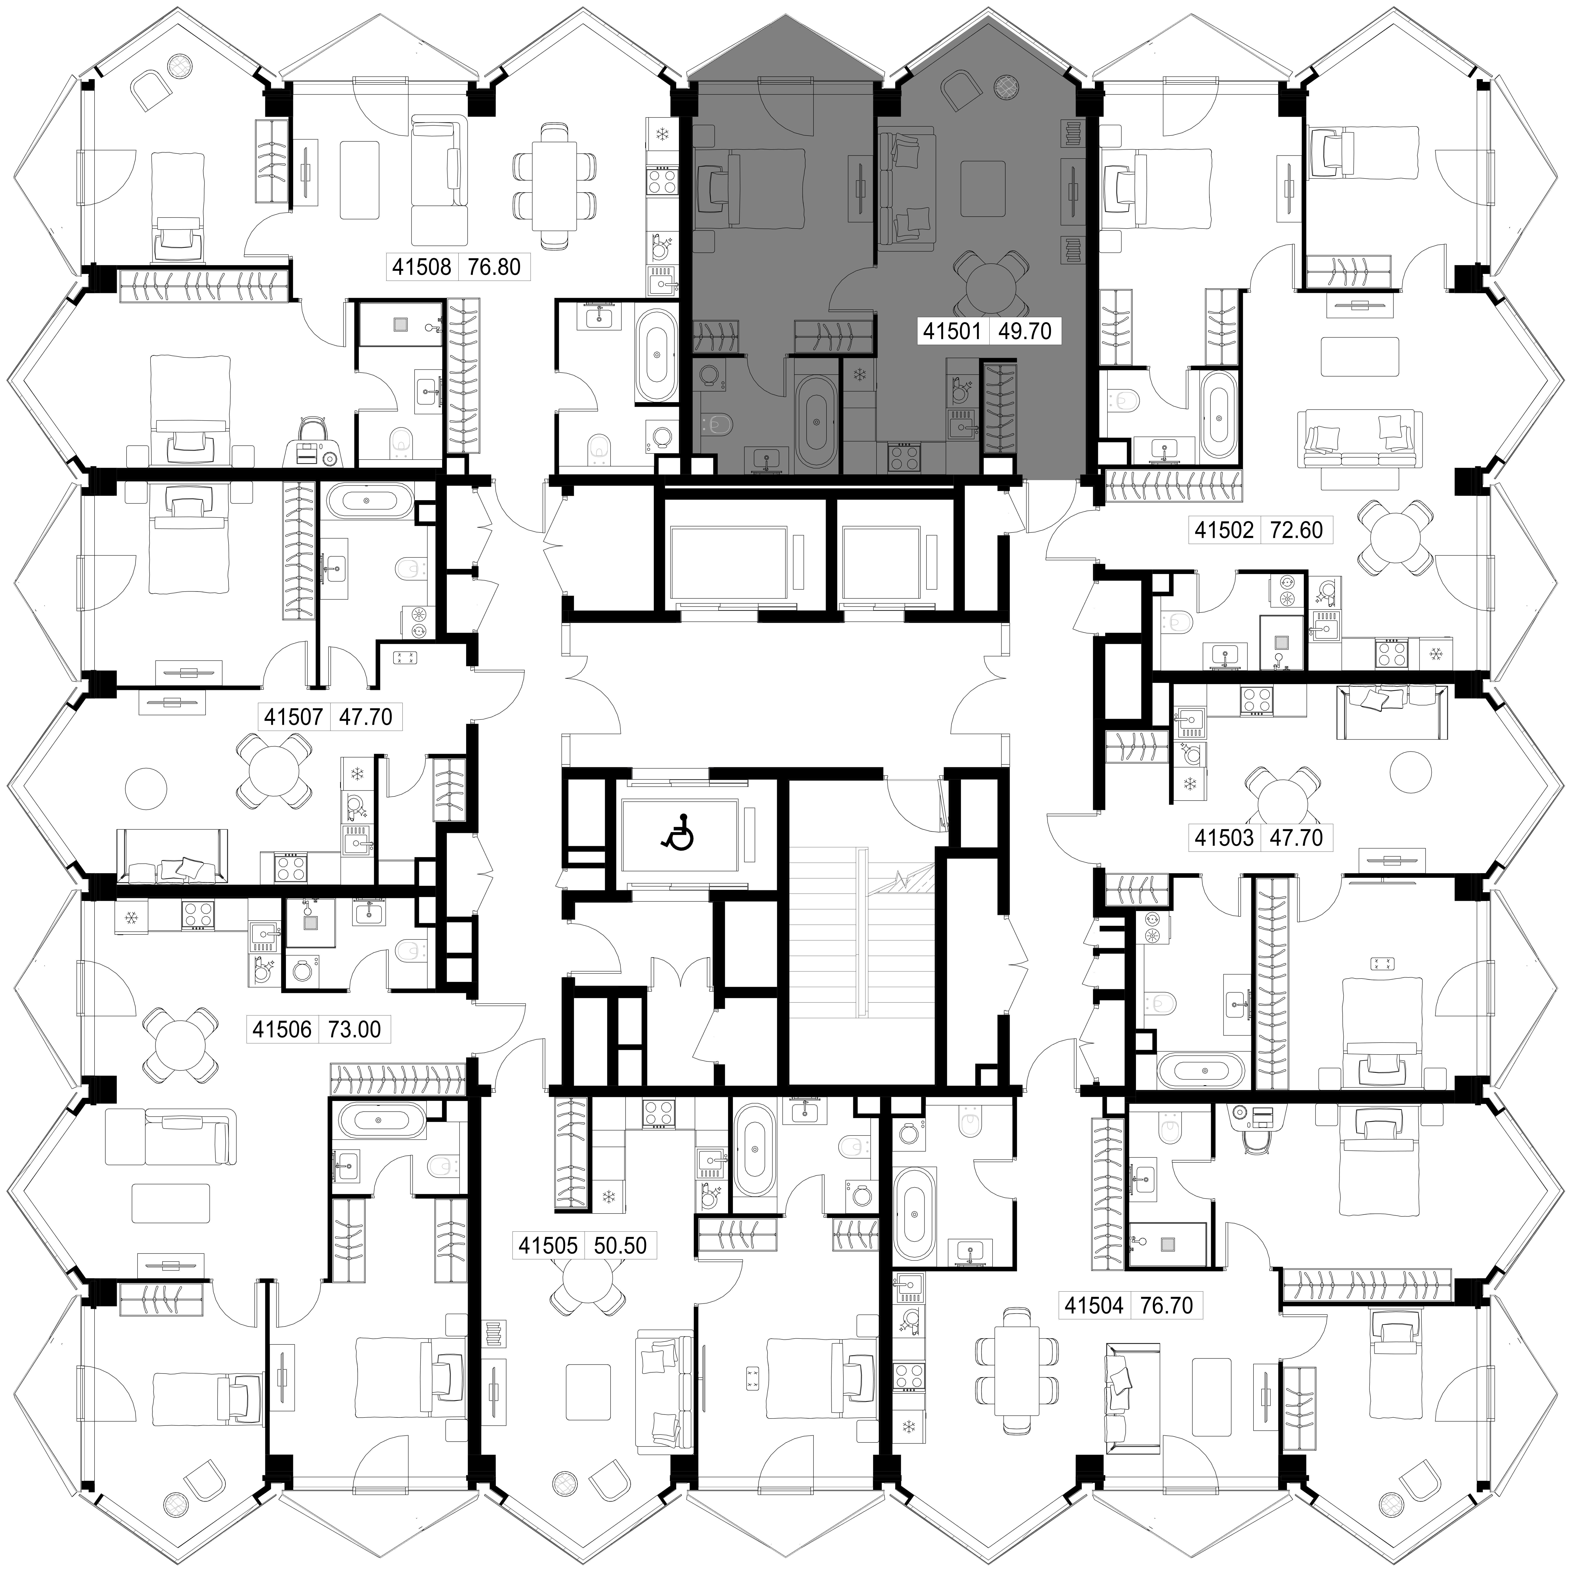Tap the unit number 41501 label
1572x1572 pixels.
954,331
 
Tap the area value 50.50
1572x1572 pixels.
620,1245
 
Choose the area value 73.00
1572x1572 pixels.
355,1029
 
